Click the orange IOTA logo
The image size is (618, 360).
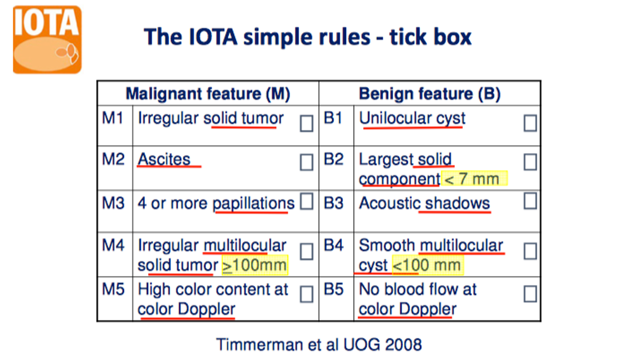click(x=47, y=39)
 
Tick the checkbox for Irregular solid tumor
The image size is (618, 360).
click(x=306, y=123)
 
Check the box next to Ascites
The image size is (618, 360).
click(x=306, y=162)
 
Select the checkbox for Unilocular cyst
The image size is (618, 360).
click(x=530, y=123)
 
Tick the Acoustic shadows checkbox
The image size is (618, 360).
click(x=530, y=201)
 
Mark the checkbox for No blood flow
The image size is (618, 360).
click(x=530, y=294)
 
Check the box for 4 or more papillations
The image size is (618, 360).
click(x=306, y=201)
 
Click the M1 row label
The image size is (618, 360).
click(x=113, y=118)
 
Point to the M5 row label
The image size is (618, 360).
click(x=113, y=289)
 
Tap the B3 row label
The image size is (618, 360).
click(x=334, y=203)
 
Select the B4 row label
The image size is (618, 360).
click(x=334, y=245)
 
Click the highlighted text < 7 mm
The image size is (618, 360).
click(x=474, y=179)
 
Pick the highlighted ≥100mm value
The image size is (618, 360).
click(x=254, y=265)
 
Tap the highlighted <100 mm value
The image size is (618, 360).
click(x=428, y=265)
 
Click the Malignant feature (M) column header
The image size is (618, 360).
click(x=208, y=94)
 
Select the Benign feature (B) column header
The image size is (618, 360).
click(x=430, y=94)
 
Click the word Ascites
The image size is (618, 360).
click(x=164, y=159)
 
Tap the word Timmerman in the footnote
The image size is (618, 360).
click(x=260, y=345)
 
